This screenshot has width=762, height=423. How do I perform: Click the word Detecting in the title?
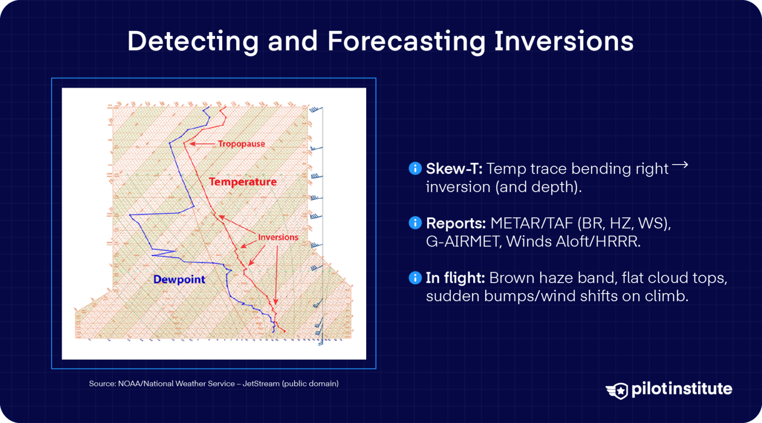[192, 41]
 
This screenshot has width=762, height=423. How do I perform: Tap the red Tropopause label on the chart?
[242, 144]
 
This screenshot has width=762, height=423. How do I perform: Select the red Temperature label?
[243, 182]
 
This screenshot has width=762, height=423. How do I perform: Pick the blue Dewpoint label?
[179, 279]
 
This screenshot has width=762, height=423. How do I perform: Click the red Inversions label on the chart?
[278, 237]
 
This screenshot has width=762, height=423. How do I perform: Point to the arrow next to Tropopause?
[202, 144]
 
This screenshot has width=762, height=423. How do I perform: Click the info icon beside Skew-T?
[415, 169]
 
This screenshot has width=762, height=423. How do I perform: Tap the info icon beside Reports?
[415, 223]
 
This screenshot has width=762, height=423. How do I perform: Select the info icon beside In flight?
[415, 278]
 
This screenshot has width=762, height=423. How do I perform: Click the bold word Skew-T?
[454, 169]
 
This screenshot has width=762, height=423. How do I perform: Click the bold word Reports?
[455, 223]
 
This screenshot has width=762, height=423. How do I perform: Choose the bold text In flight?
[455, 278]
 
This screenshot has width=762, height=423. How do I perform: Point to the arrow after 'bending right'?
[680, 165]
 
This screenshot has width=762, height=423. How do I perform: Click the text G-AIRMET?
[462, 242]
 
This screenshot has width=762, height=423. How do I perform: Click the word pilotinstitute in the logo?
[681, 389]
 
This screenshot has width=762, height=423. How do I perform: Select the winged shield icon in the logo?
[617, 391]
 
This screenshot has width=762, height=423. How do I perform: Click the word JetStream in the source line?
[261, 383]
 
